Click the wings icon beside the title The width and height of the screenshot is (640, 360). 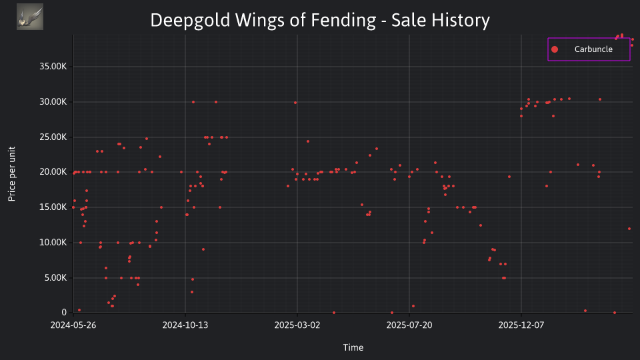click(30, 17)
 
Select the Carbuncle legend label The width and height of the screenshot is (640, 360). click(593, 49)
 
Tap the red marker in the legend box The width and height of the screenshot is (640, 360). click(555, 49)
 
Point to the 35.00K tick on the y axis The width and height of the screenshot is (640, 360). click(53, 67)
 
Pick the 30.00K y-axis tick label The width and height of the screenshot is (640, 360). click(53, 102)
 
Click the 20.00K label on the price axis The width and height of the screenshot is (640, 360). click(53, 172)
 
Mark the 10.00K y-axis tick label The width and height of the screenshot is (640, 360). click(53, 243)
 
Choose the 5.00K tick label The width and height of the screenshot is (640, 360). click(55, 278)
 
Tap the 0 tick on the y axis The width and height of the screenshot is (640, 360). click(64, 313)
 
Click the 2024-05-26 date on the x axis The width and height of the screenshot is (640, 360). click(73, 325)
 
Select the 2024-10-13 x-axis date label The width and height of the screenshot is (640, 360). click(185, 325)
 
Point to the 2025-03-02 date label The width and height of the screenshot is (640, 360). click(297, 325)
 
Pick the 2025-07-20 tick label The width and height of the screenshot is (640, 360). click(409, 325)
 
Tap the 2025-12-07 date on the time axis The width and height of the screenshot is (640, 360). click(521, 325)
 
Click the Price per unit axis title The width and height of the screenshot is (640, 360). click(12, 174)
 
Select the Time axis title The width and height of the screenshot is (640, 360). click(353, 348)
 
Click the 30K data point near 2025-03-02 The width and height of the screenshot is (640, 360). click(295, 103)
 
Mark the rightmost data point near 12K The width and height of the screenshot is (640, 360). click(629, 229)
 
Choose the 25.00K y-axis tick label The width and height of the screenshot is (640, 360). click(53, 137)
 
